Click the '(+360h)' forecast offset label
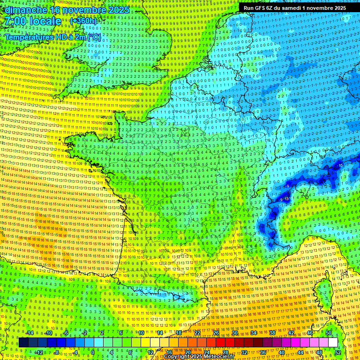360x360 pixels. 83,21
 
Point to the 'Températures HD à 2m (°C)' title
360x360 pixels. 52,37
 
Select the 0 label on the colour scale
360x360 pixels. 92,352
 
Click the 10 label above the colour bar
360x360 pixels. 140,333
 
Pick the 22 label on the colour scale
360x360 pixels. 197,333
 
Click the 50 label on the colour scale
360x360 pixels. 329,333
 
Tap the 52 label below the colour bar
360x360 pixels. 338,352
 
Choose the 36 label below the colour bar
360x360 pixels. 262,352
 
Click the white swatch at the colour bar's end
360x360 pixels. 333,343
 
